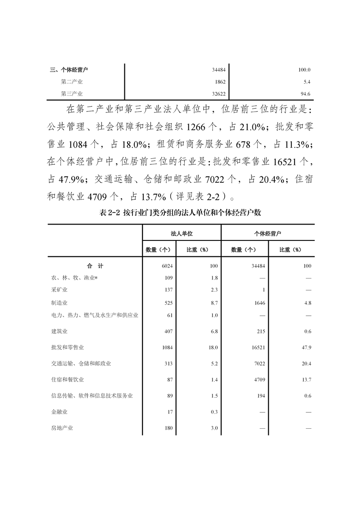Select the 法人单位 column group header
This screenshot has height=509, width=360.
(181, 233)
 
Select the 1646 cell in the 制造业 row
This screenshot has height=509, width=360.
(259, 303)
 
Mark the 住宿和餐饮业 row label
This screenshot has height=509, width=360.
(68, 379)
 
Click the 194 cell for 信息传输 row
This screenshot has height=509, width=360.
(261, 396)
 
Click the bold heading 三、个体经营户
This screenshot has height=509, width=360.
(69, 70)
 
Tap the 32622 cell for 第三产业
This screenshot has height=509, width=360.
(218, 94)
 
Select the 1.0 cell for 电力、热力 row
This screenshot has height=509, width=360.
(214, 315)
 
